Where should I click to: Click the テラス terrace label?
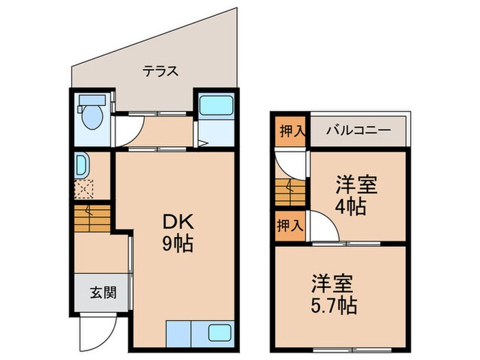tap(160, 71)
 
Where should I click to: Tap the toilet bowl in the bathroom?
tap(92, 117)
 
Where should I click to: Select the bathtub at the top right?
tap(216, 106)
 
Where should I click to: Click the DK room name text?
tap(178, 222)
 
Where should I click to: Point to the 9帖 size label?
tap(178, 244)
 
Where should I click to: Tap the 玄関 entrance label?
tap(104, 293)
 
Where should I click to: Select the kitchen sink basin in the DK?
tap(219, 333)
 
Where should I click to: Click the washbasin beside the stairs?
tap(81, 166)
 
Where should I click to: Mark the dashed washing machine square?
tap(84, 189)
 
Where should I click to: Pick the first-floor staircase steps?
tap(92, 219)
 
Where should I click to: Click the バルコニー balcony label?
tap(358, 131)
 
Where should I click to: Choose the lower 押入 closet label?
tap(289, 226)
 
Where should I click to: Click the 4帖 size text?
tap(350, 207)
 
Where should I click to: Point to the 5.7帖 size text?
tap(334, 305)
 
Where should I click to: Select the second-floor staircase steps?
tap(290, 192)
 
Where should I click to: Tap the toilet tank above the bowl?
tap(92, 100)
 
